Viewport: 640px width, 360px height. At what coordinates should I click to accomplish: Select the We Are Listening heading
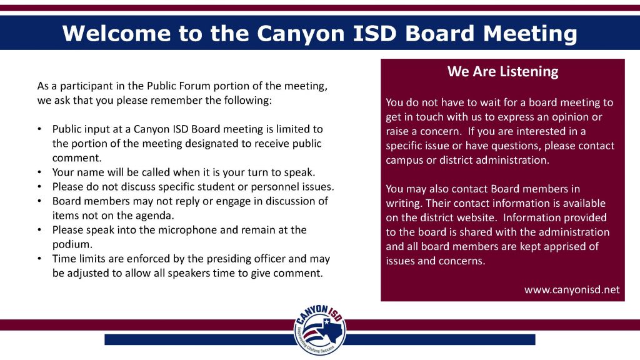pyautogui.click(x=502, y=71)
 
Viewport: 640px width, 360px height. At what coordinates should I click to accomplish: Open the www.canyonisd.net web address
pyautogui.click(x=572, y=289)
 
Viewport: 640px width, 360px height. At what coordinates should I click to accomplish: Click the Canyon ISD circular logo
pyautogui.click(x=320, y=331)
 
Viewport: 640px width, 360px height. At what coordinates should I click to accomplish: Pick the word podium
pyautogui.click(x=71, y=244)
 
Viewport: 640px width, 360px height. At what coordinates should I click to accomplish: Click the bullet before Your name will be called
pyautogui.click(x=40, y=172)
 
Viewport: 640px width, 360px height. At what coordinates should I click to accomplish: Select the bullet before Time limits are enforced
pyautogui.click(x=40, y=259)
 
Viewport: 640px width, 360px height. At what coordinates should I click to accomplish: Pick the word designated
pyautogui.click(x=216, y=143)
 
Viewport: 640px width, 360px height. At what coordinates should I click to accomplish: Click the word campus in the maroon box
pyautogui.click(x=404, y=160)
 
